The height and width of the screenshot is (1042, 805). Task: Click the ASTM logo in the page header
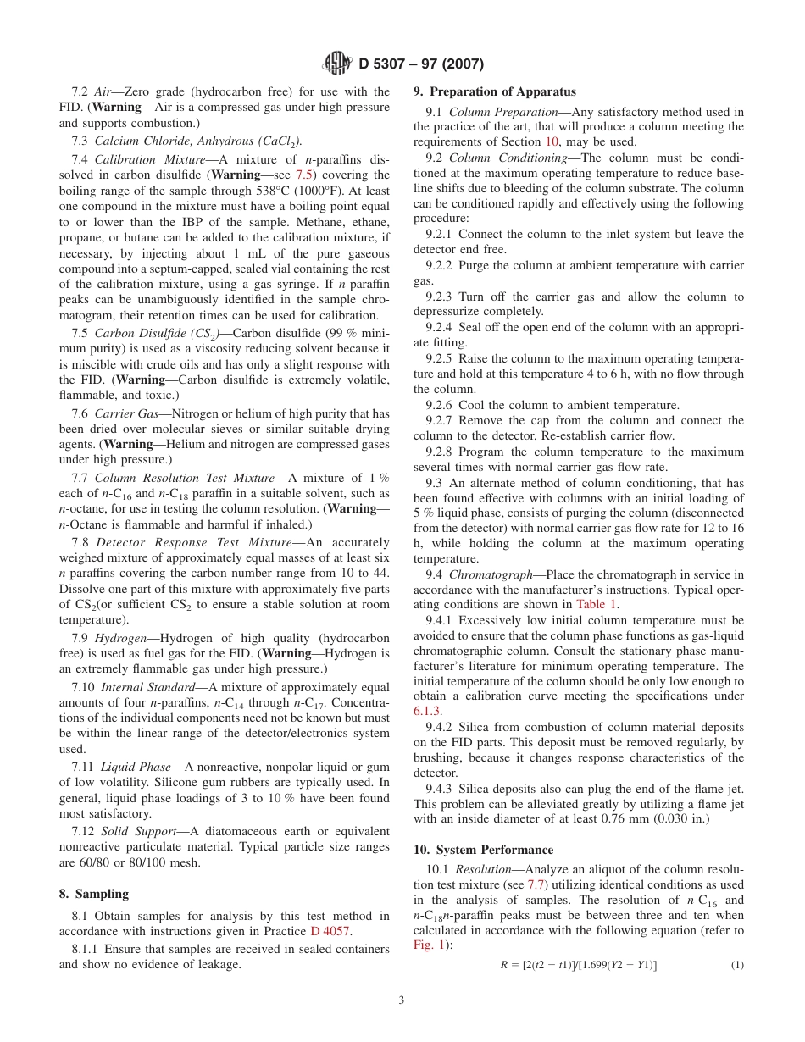click(x=338, y=64)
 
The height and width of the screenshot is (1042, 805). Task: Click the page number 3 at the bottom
click(x=402, y=1000)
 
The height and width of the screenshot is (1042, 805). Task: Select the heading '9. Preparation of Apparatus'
click(x=494, y=91)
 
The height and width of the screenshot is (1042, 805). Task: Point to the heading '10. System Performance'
click(x=483, y=850)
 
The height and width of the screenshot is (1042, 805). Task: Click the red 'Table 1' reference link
click(x=597, y=604)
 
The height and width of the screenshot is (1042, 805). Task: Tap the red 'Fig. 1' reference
click(x=428, y=945)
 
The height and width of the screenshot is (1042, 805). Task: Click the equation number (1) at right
click(x=737, y=965)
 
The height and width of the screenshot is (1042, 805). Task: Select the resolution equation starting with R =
click(x=578, y=965)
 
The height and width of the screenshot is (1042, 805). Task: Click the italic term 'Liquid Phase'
click(x=136, y=767)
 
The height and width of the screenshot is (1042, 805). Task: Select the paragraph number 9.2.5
click(x=438, y=358)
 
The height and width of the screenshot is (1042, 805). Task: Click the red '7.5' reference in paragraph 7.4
click(x=304, y=175)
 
